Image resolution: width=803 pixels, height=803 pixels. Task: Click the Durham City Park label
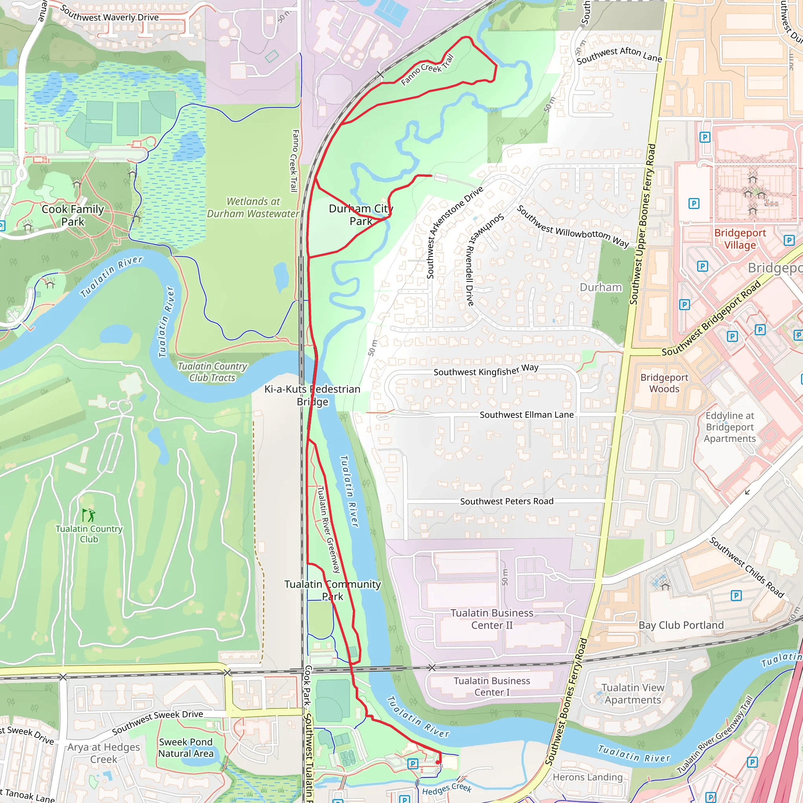360,215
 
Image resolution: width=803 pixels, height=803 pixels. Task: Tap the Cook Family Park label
73,215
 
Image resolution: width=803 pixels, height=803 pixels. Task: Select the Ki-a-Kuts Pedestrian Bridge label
312,395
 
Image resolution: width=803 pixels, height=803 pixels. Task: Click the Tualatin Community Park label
332,590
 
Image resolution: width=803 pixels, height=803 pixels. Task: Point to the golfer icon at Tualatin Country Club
89,515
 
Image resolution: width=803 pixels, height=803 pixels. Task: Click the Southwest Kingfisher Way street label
486,370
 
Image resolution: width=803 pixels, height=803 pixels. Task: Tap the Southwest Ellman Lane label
527,415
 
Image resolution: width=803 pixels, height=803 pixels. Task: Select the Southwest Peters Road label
507,501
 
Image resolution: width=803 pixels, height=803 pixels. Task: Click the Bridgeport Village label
740,239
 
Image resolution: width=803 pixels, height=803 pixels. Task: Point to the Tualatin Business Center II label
492,619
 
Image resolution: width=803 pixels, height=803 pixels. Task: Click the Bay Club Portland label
681,625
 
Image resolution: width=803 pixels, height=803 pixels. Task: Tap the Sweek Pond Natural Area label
186,748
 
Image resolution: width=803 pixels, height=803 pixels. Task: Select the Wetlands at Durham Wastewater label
253,207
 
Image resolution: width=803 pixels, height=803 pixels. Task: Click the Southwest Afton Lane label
619,55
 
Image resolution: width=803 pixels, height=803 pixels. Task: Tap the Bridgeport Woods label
664,383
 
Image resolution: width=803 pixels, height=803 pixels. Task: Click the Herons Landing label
587,777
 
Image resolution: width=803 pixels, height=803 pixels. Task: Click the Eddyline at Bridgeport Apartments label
730,427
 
